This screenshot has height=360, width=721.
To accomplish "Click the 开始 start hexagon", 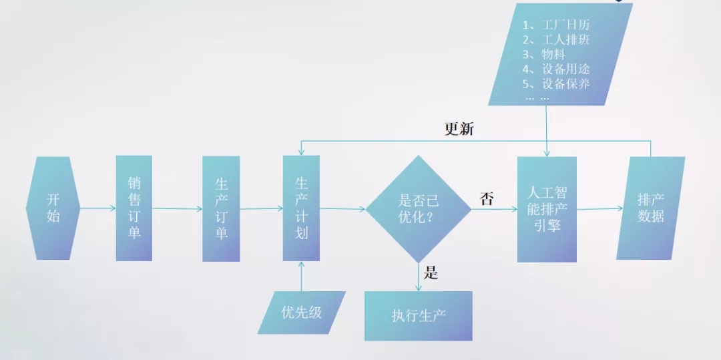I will [x=53, y=208].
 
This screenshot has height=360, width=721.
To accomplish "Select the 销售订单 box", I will [x=134, y=208].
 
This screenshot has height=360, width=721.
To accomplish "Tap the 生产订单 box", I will [x=221, y=208].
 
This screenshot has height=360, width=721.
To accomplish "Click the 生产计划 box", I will [x=301, y=208].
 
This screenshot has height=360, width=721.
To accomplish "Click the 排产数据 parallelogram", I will [x=651, y=208].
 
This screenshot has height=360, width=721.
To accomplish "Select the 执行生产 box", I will [x=418, y=316].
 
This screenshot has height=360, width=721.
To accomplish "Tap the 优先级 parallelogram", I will [x=302, y=312].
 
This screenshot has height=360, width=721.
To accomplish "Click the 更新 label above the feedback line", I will [x=459, y=130].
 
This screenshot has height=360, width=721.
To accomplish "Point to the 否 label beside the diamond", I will [x=486, y=198].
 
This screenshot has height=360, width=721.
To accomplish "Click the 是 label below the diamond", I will [x=431, y=273].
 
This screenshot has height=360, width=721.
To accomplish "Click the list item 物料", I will [x=553, y=55].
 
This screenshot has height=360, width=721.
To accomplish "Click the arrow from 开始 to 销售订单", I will [x=97, y=208].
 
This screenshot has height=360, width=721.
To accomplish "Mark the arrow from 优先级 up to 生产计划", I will [x=302, y=276].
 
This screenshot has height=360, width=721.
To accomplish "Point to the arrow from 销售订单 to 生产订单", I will [x=177, y=208].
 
